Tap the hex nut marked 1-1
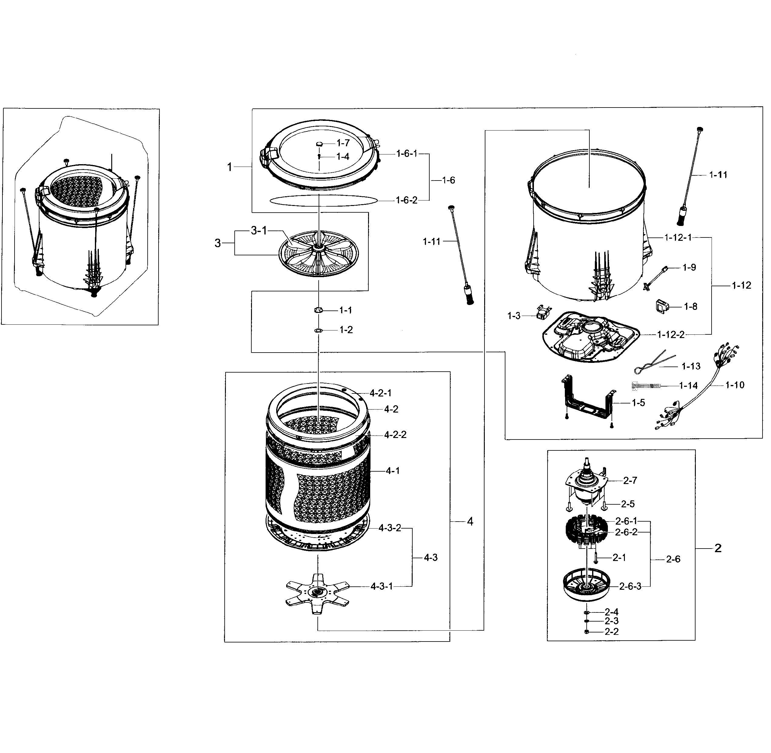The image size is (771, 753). [x=318, y=310]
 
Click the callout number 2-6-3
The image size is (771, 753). [x=630, y=586]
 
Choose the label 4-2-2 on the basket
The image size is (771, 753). [x=395, y=435]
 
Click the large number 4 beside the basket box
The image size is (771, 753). [x=470, y=522]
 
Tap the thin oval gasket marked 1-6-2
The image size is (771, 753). [x=323, y=200]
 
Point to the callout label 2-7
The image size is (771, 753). [x=630, y=480]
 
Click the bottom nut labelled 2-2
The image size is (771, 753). [x=587, y=632]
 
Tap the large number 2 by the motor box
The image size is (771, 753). [x=718, y=548]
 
